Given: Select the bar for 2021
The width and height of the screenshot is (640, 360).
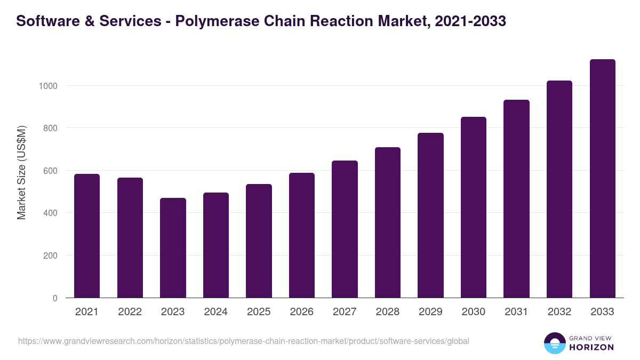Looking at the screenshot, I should click(x=87, y=236).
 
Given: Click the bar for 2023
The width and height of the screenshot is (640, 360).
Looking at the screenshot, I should click(x=173, y=247).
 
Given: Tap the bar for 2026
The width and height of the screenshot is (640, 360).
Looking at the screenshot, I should click(x=301, y=235).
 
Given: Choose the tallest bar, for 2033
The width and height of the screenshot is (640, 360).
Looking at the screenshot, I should click(x=602, y=178).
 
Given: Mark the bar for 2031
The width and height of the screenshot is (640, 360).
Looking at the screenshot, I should click(x=516, y=198).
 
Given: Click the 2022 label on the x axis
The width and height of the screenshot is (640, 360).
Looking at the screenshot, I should click(x=130, y=312).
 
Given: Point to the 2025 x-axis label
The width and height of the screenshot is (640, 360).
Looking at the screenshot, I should click(x=259, y=312).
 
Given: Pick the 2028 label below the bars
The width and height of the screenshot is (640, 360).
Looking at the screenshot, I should click(x=387, y=312).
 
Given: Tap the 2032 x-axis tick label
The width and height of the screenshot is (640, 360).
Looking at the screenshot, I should click(x=559, y=312).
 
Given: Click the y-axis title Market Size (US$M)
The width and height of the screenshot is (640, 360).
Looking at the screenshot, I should click(x=21, y=172).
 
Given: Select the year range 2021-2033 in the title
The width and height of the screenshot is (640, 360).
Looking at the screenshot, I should click(x=470, y=21).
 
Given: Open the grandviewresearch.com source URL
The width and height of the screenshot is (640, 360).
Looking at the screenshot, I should click(x=244, y=341).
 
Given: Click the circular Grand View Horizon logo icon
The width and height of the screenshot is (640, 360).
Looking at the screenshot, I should click(x=554, y=343).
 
